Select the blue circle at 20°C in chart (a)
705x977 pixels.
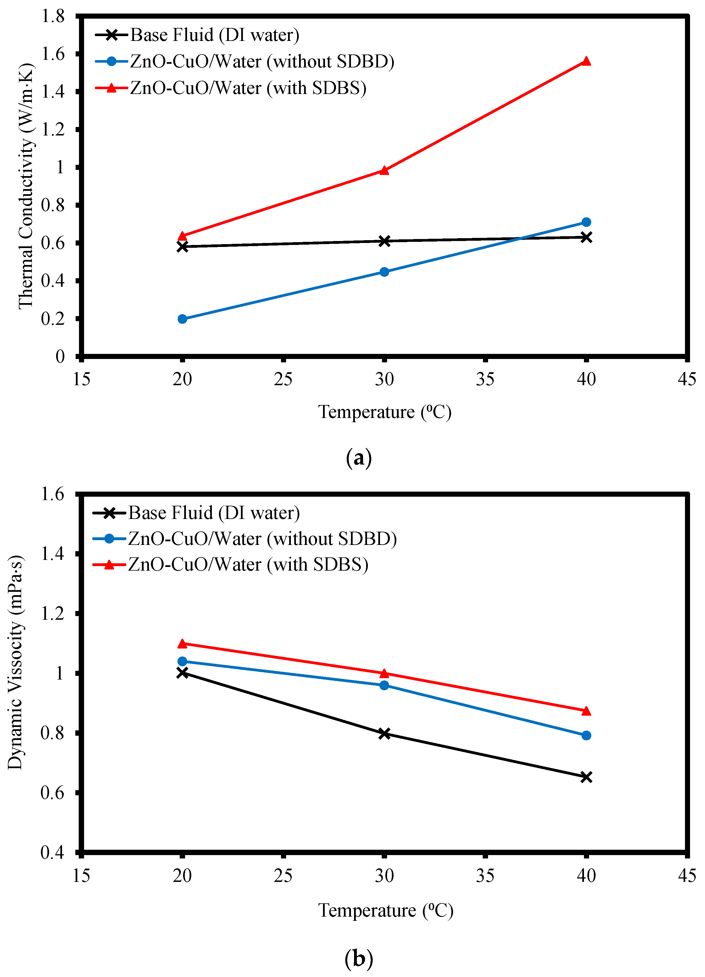pos(182,319)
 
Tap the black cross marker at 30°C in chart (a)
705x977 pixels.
pos(384,241)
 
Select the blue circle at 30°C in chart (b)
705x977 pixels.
pos(384,685)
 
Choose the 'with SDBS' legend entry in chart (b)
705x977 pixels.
pos(248,564)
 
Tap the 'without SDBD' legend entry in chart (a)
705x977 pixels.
pos(262,62)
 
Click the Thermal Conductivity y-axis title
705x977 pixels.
pos(26,186)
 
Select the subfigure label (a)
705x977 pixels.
pos(358,458)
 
